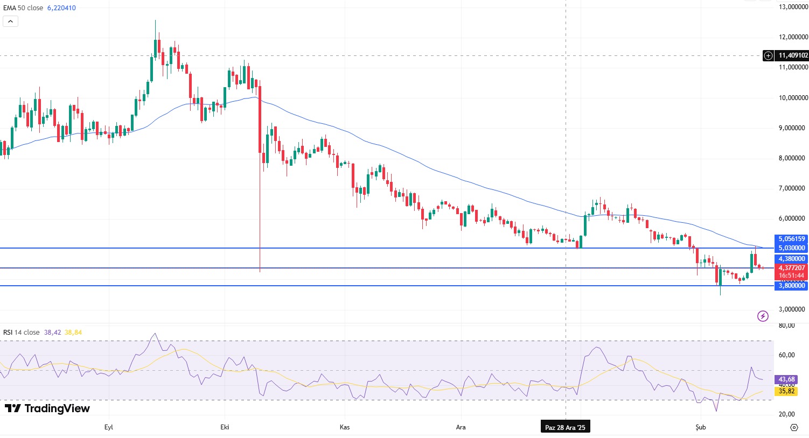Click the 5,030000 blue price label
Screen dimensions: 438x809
coord(791,248)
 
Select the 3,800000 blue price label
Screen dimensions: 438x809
coord(791,286)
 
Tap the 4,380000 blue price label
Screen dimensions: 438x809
coord(791,259)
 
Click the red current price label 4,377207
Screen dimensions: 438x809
coord(791,268)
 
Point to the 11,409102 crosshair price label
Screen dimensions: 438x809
coord(793,55)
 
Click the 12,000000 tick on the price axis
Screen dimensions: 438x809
coord(793,37)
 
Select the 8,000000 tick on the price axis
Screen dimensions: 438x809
coord(793,158)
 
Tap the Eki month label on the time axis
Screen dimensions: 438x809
coord(225,427)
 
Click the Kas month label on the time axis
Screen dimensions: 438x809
coord(345,427)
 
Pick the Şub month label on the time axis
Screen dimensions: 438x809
coord(700,427)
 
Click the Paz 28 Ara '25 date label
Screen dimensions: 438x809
coord(565,428)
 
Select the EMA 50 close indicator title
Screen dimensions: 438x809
coord(23,8)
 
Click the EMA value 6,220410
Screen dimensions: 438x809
coord(61,8)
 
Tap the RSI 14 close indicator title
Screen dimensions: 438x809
coord(22,333)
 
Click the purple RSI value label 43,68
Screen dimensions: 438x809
coord(786,380)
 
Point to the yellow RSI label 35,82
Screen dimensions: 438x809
coord(786,391)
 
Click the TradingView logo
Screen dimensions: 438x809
coord(47,408)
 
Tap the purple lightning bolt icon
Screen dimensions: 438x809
coord(763,316)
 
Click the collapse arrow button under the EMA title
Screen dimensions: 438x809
coord(10,22)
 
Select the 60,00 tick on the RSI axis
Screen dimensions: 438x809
coord(787,355)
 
